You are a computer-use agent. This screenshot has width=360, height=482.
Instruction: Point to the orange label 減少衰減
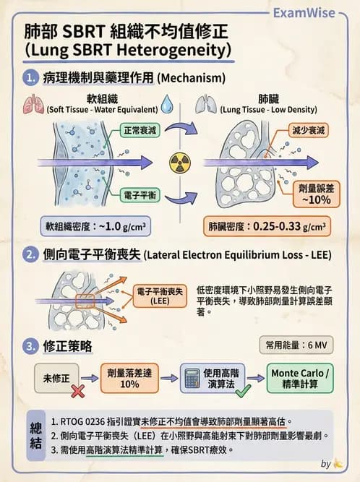(x=309, y=130)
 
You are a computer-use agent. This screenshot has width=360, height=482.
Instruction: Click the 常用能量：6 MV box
(x=296, y=345)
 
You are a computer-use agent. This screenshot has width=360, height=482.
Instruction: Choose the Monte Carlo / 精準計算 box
(x=300, y=378)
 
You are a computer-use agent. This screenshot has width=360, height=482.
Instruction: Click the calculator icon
(x=192, y=378)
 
